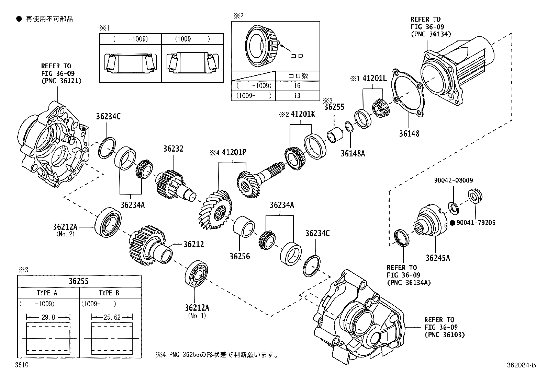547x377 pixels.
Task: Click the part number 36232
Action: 174,149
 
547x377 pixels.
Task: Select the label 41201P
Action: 234,152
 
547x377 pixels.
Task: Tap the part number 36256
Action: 240,257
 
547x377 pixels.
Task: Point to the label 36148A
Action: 353,153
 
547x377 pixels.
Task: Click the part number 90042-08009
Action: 454,180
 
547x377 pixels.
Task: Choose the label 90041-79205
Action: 476,223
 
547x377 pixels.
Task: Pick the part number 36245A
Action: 438,258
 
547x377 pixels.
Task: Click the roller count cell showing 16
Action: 297,86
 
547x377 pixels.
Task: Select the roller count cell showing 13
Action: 297,96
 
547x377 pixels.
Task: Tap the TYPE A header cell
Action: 48,293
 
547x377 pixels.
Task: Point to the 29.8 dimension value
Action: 48,317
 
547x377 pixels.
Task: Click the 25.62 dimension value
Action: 112,317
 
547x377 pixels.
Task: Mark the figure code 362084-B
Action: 521,365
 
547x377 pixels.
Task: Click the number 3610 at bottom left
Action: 22,365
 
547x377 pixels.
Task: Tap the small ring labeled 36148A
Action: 349,127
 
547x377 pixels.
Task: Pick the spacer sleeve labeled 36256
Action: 244,226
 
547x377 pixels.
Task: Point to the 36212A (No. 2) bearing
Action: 108,222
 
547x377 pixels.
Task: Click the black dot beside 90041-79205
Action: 452,223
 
